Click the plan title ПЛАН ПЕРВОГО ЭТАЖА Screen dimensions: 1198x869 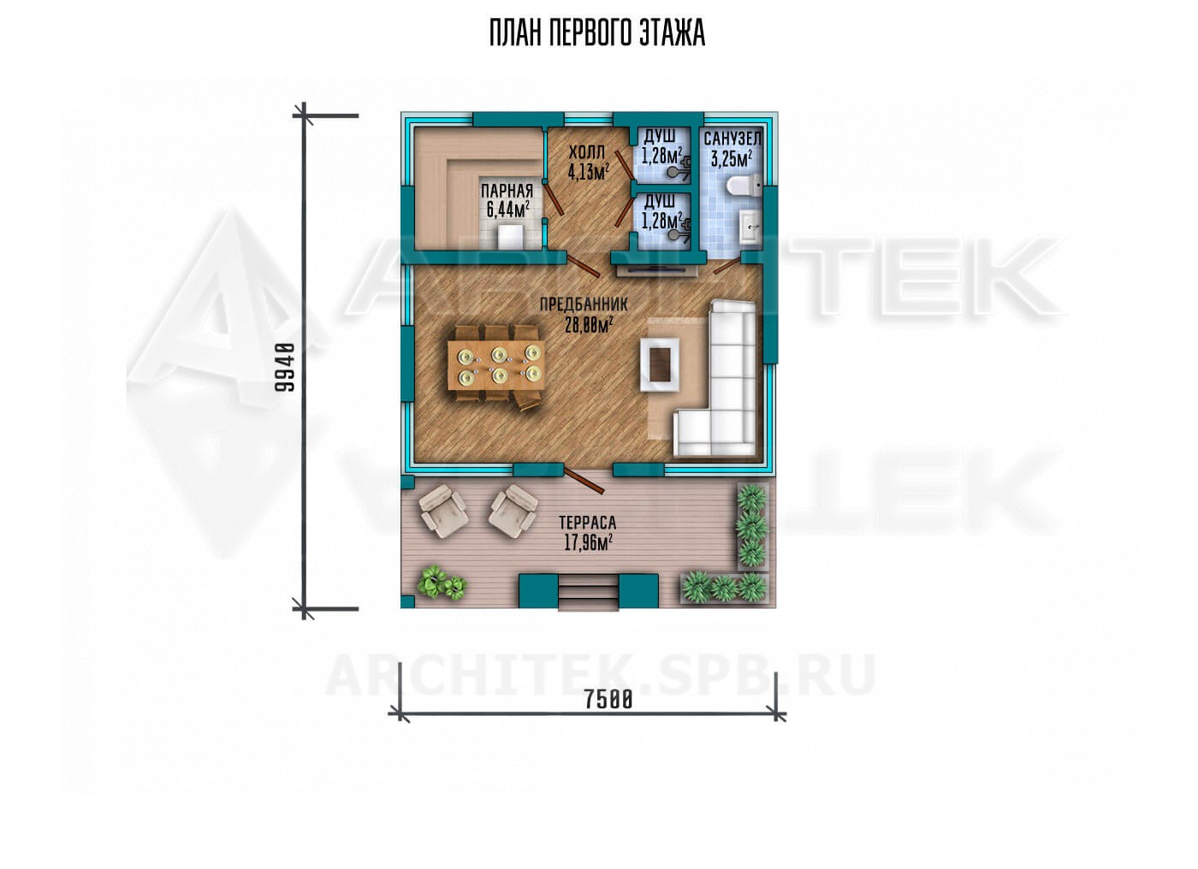pos(597,34)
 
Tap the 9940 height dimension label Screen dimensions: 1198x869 pos(285,368)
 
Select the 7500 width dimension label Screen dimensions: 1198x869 pos(608,699)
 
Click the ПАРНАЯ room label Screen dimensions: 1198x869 pos(507,190)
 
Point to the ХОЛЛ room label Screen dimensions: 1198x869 pos(587,152)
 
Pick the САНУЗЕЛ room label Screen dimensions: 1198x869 pos(732,139)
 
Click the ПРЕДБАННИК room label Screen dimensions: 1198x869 pos(583,304)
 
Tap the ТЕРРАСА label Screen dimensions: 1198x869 pos(588,522)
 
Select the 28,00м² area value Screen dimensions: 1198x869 pos(589,324)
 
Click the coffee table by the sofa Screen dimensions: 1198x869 pos(660,364)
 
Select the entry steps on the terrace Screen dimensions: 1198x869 pos(588,594)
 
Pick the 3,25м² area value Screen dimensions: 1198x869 pos(732,159)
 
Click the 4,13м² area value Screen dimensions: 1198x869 pos(589,172)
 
